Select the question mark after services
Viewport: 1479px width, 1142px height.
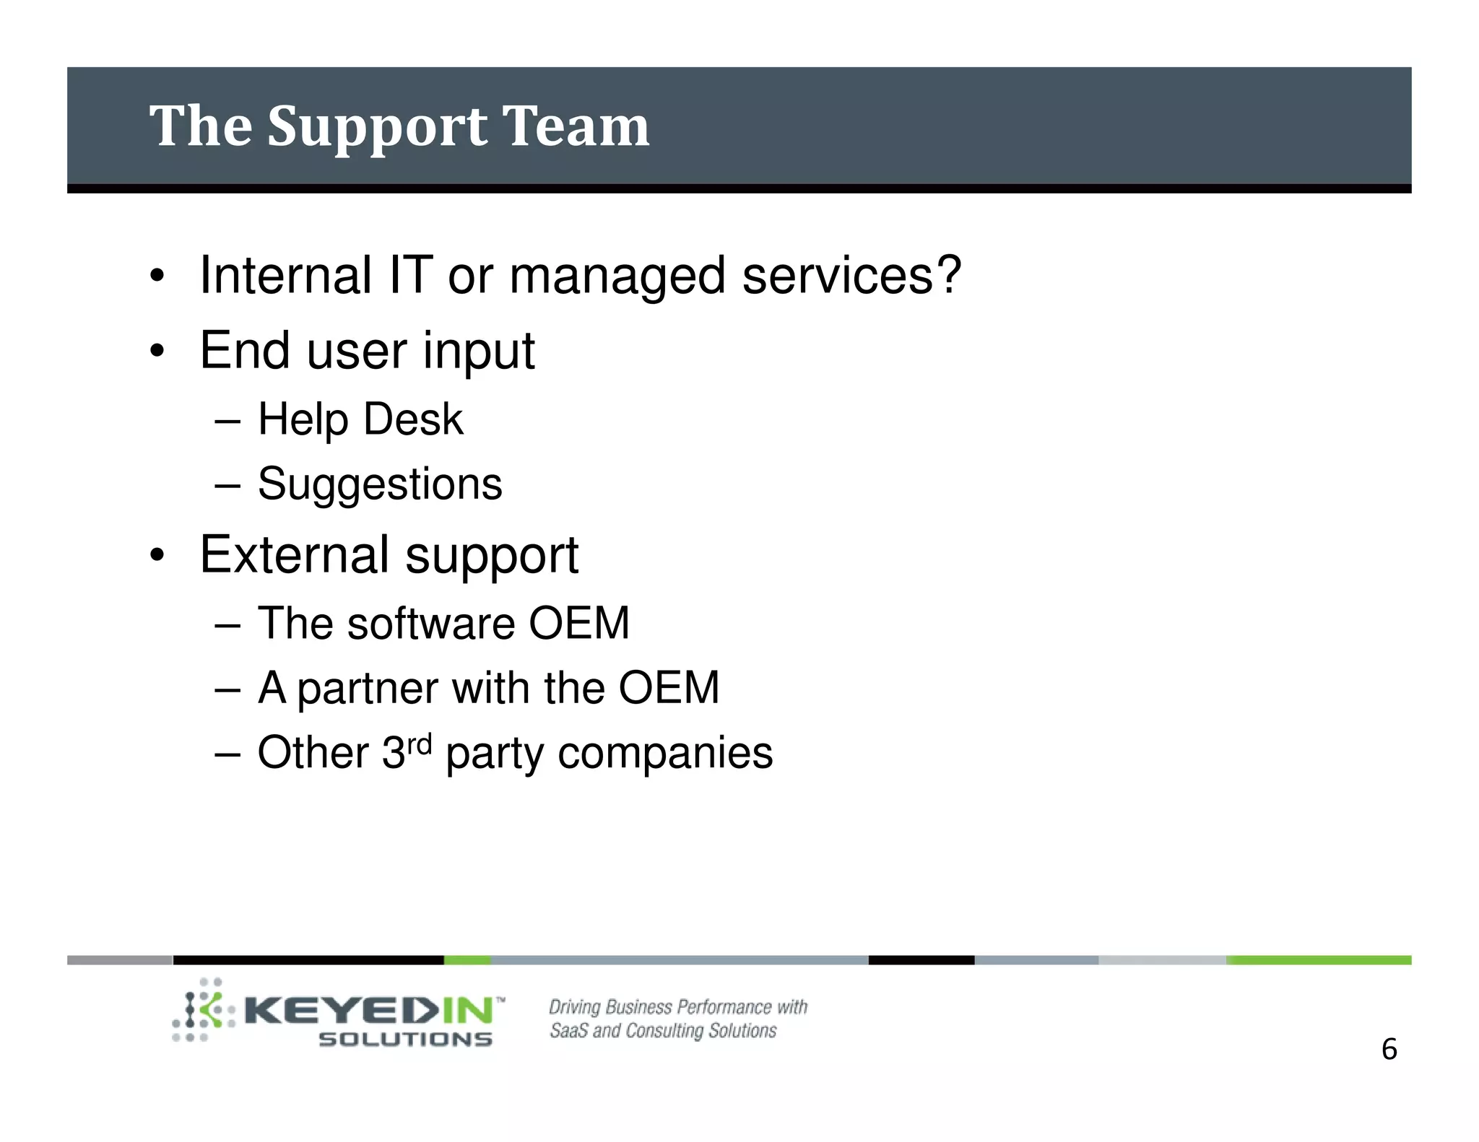click(947, 274)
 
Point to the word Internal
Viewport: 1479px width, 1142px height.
click(285, 274)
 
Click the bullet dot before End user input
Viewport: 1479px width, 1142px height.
click(157, 352)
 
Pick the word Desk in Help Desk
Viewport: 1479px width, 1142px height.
click(412, 419)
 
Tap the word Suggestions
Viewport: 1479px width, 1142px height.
click(380, 484)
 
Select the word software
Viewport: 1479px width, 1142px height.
click(430, 623)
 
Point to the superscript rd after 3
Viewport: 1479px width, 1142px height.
click(419, 743)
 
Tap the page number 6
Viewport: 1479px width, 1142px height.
click(1389, 1049)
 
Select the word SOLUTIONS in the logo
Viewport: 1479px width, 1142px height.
click(405, 1039)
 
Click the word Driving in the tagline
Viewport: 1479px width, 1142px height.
click(574, 1007)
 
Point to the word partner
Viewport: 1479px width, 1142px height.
click(368, 689)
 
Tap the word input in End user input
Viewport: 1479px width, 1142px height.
click(479, 351)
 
